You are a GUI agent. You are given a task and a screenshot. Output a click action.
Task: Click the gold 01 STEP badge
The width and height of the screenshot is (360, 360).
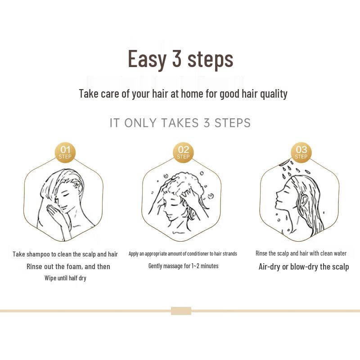[65, 153]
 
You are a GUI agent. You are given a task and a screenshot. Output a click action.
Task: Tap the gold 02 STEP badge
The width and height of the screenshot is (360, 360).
[183, 153]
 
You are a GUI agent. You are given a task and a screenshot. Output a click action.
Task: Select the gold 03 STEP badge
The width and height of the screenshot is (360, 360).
[301, 153]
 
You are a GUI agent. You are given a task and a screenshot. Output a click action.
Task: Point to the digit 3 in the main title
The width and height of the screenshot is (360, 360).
[176, 59]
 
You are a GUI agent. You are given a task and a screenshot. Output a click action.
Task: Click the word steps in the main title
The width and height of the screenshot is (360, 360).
[210, 59]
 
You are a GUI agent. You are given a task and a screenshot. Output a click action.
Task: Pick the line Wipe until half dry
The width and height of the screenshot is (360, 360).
[65, 278]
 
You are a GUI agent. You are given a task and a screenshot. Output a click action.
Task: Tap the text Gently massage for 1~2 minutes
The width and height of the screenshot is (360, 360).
[183, 266]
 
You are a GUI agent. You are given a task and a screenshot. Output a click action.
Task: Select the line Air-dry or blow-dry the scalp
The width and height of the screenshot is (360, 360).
[303, 266]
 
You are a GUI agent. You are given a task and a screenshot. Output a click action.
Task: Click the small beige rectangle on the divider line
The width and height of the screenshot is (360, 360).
[181, 310]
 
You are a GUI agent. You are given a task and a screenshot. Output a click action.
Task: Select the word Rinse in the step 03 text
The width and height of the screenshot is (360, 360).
[262, 253]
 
